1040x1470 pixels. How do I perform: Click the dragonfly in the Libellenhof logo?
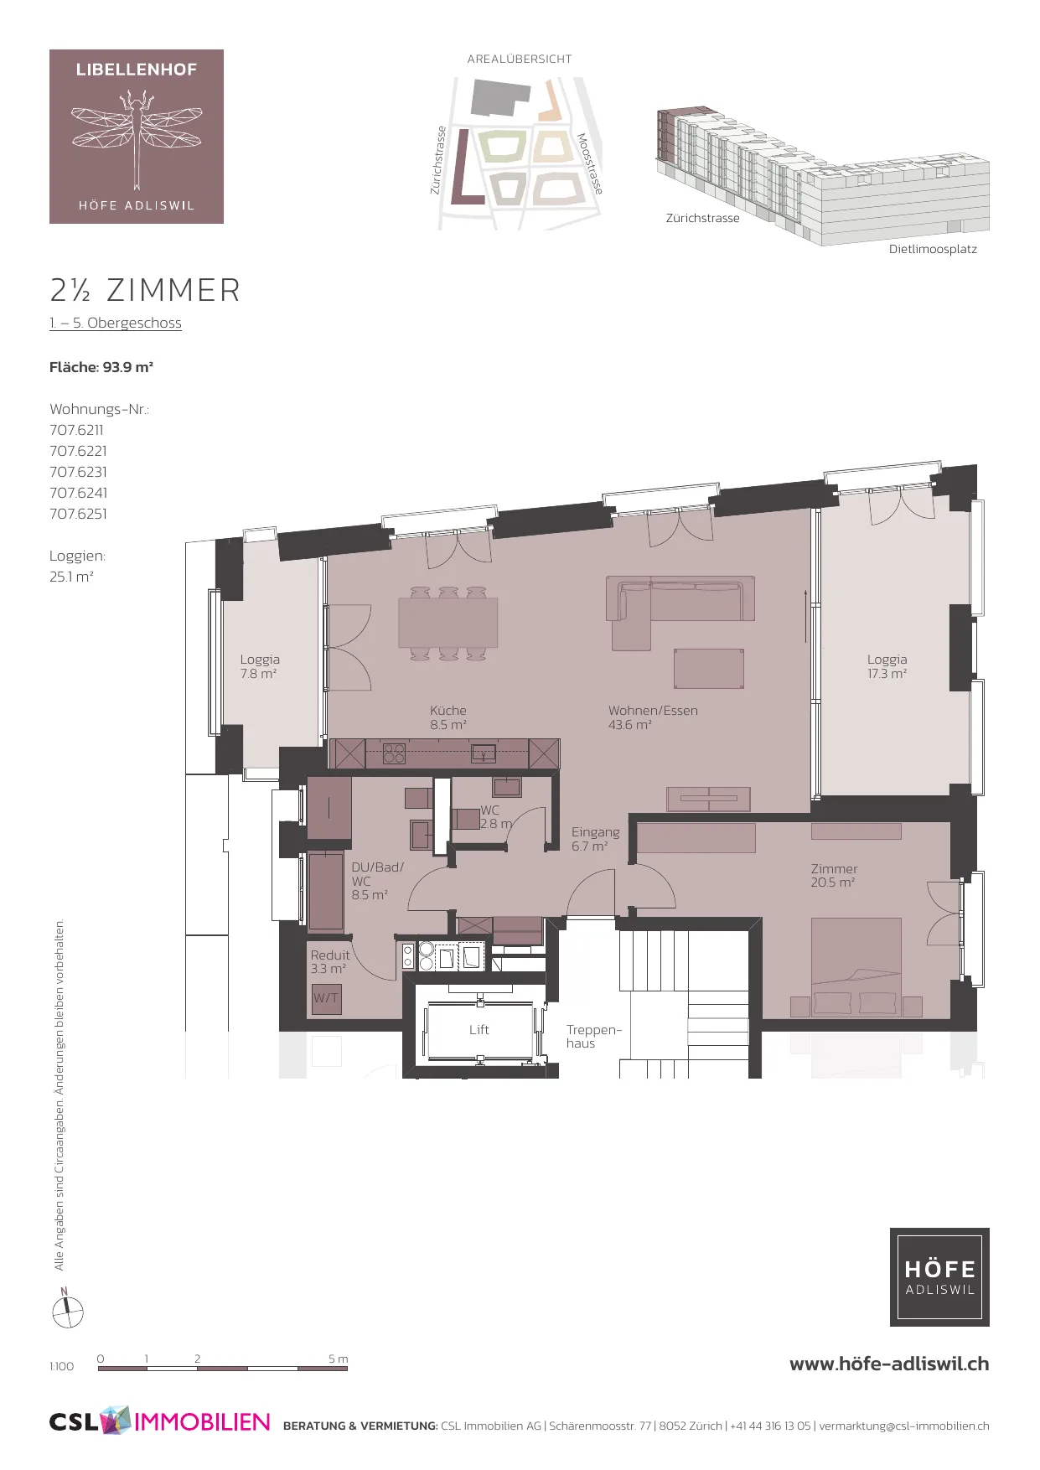(136, 134)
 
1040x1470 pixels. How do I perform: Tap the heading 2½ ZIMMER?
(145, 291)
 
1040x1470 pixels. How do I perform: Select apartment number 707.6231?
(78, 472)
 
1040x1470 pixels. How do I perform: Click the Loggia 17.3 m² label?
(887, 666)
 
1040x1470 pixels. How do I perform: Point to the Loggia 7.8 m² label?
(260, 666)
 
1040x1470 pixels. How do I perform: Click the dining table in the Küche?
(448, 623)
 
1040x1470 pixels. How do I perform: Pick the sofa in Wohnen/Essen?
(680, 608)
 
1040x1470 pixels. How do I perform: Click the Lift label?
(479, 1030)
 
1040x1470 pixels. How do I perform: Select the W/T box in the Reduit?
(326, 998)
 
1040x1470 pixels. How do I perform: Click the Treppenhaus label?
(593, 1037)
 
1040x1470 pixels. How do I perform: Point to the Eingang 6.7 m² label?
(596, 839)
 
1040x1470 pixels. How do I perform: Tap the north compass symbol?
(67, 1309)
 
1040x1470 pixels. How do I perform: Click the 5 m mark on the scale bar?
(339, 1359)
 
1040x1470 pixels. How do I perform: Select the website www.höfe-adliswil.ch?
(889, 1364)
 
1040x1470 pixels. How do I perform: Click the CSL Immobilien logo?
(160, 1421)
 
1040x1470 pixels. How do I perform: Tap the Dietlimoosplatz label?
(933, 249)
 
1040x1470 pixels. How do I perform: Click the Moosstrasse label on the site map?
(590, 163)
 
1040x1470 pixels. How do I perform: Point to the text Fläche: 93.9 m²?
(101, 367)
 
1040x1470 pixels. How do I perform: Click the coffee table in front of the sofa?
(709, 669)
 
